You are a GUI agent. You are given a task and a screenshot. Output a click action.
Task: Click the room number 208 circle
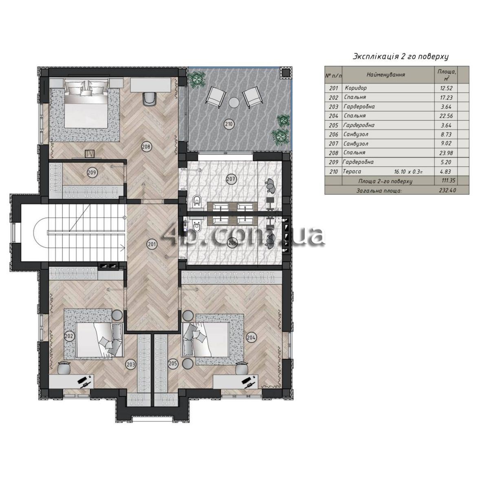pos(146,146)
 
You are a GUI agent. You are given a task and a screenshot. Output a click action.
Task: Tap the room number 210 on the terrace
pos(229,124)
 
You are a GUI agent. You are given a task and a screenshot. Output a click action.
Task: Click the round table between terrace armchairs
pos(234,102)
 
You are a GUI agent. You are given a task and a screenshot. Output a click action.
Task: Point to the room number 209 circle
pos(92,173)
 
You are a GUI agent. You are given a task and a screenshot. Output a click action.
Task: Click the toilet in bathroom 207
pos(197,201)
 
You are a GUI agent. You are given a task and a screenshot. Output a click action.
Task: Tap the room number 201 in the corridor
pos(152,244)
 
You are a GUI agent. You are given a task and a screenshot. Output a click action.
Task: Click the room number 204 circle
pos(251,337)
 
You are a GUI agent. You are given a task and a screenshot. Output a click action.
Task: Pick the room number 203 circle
pos(131,364)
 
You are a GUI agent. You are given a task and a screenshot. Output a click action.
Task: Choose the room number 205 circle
pos(173,363)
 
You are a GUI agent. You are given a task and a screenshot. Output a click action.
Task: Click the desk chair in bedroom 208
pos(150,99)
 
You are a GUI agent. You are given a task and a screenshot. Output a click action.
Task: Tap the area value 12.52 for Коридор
pos(446,88)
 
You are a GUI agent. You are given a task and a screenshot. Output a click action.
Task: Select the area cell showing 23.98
pos(446,153)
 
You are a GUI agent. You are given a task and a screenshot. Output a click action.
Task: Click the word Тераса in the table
pos(352,171)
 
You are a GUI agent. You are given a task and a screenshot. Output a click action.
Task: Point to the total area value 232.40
pos(447,191)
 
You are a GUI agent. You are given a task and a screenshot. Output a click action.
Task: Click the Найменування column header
pos(386,75)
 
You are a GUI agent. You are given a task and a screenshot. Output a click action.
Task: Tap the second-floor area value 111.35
pos(448,180)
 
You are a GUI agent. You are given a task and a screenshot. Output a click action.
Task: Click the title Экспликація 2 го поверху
pos(401,57)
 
